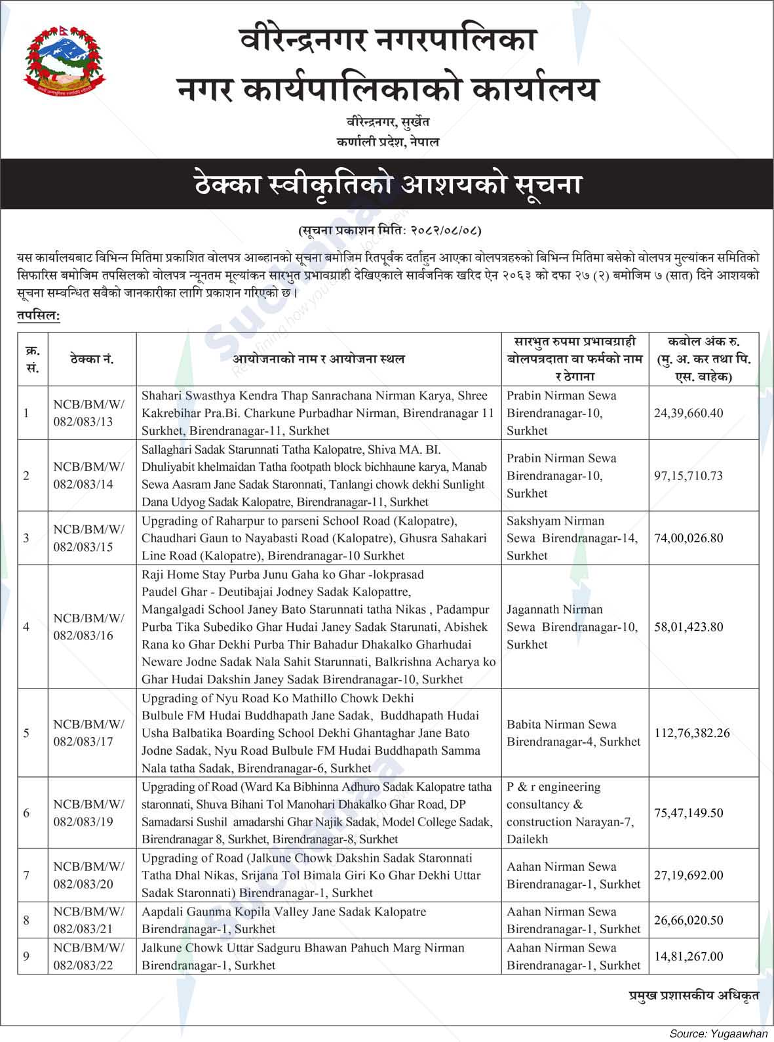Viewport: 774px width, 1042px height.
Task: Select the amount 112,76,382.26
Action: coord(692,733)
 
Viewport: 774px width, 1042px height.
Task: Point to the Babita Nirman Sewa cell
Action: coord(573,733)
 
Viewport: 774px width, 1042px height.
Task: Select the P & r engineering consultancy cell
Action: coord(570,812)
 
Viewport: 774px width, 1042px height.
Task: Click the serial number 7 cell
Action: coord(26,875)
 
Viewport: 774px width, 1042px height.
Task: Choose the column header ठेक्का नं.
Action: coord(92,359)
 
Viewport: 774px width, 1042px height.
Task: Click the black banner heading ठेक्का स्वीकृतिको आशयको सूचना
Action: coord(387,185)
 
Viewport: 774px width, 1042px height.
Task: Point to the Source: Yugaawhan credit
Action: coord(718,1033)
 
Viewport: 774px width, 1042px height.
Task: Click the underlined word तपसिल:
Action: coord(39,316)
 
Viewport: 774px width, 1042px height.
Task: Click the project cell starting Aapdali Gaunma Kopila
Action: coord(319,920)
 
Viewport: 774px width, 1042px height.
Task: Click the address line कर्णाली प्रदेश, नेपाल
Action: coord(388,142)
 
